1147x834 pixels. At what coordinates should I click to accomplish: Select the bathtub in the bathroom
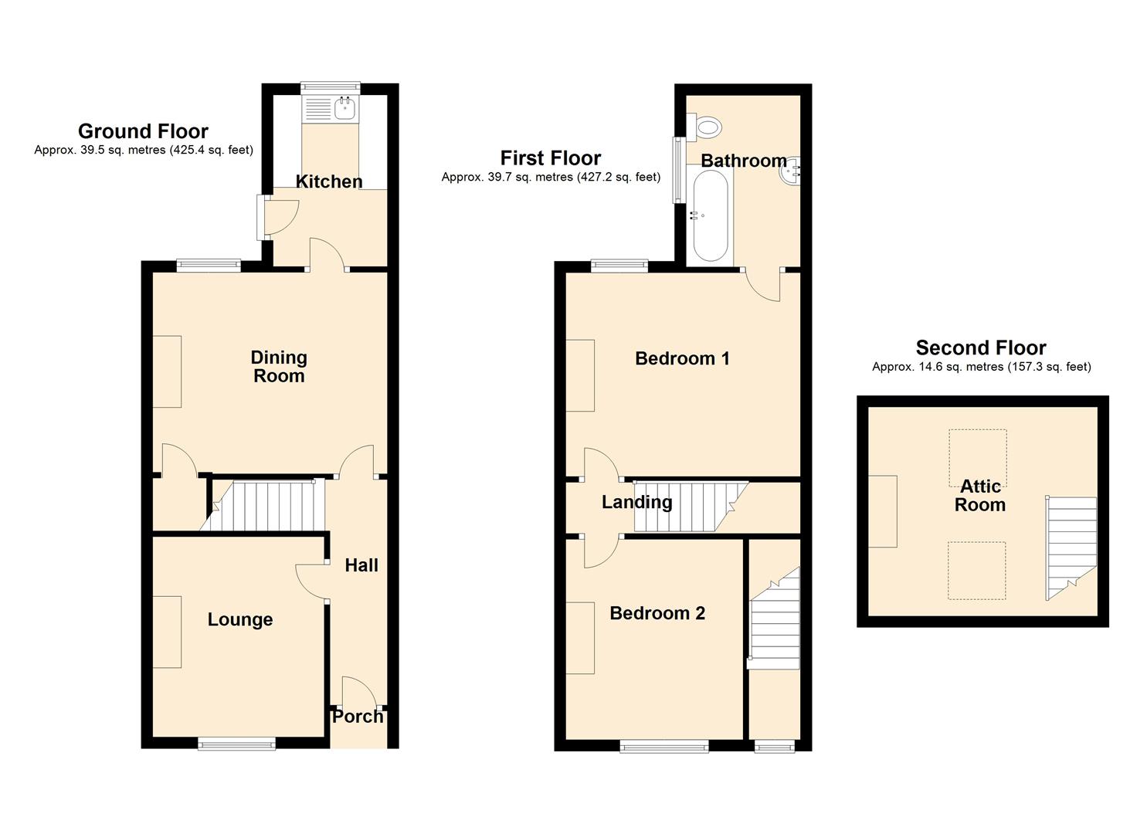(711, 216)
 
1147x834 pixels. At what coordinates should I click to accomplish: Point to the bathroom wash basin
(790, 171)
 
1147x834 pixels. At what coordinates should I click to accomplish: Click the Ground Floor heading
(144, 131)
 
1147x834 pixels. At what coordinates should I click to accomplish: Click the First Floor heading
(551, 158)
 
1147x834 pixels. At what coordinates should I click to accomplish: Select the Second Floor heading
(981, 348)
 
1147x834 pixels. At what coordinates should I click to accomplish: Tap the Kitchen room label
(329, 181)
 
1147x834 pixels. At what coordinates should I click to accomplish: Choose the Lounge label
(240, 620)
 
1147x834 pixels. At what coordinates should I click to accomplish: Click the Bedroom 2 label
(657, 613)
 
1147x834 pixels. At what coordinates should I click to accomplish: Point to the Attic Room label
(980, 495)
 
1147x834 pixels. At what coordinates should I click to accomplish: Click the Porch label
(358, 717)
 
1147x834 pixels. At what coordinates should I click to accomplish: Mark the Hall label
(361, 565)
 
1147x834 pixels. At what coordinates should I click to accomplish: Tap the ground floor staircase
(263, 505)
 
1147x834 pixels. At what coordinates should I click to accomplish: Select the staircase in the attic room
(1071, 548)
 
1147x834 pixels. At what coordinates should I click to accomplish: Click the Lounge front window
(236, 744)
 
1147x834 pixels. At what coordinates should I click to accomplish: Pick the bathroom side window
(679, 169)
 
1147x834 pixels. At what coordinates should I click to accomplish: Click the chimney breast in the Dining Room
(168, 371)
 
